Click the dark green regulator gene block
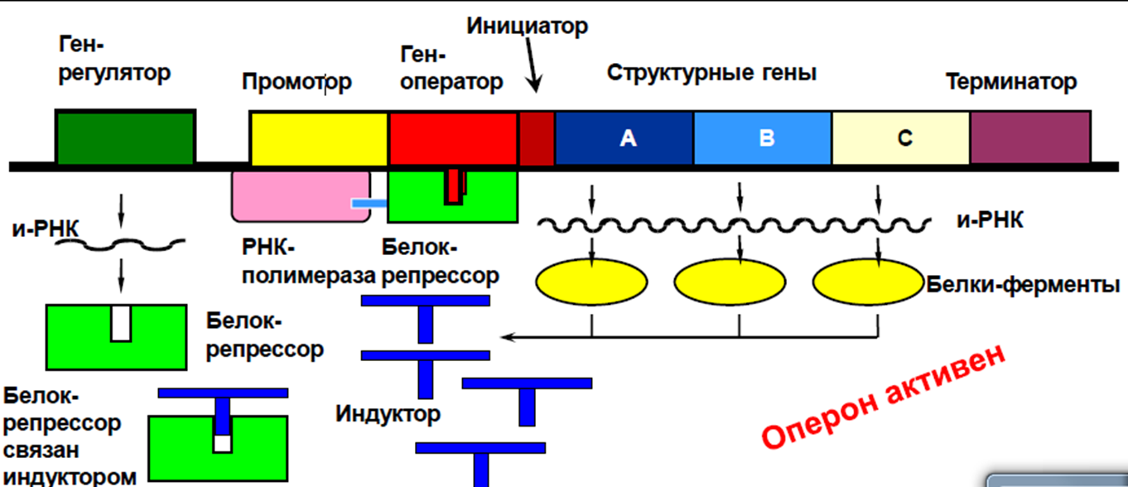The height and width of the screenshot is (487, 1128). [125, 137]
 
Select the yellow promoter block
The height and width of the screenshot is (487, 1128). [319, 138]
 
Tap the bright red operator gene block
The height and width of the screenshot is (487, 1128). [453, 138]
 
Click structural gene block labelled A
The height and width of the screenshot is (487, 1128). [624, 138]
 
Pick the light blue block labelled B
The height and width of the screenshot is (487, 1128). [763, 138]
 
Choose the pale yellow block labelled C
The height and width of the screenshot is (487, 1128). [901, 138]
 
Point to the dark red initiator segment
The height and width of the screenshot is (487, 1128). [537, 138]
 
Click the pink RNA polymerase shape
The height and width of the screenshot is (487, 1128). [301, 196]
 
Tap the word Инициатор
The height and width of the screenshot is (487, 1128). [528, 27]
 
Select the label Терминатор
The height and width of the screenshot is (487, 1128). [1011, 82]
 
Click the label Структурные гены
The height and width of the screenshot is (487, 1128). [711, 73]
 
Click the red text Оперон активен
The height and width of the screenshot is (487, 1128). [883, 397]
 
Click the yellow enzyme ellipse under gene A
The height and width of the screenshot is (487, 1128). [591, 282]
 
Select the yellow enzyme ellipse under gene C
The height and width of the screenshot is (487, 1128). [869, 282]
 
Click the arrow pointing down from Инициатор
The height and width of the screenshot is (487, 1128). [532, 65]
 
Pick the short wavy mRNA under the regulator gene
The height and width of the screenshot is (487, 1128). [120, 245]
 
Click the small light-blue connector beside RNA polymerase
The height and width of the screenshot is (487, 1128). [369, 204]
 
